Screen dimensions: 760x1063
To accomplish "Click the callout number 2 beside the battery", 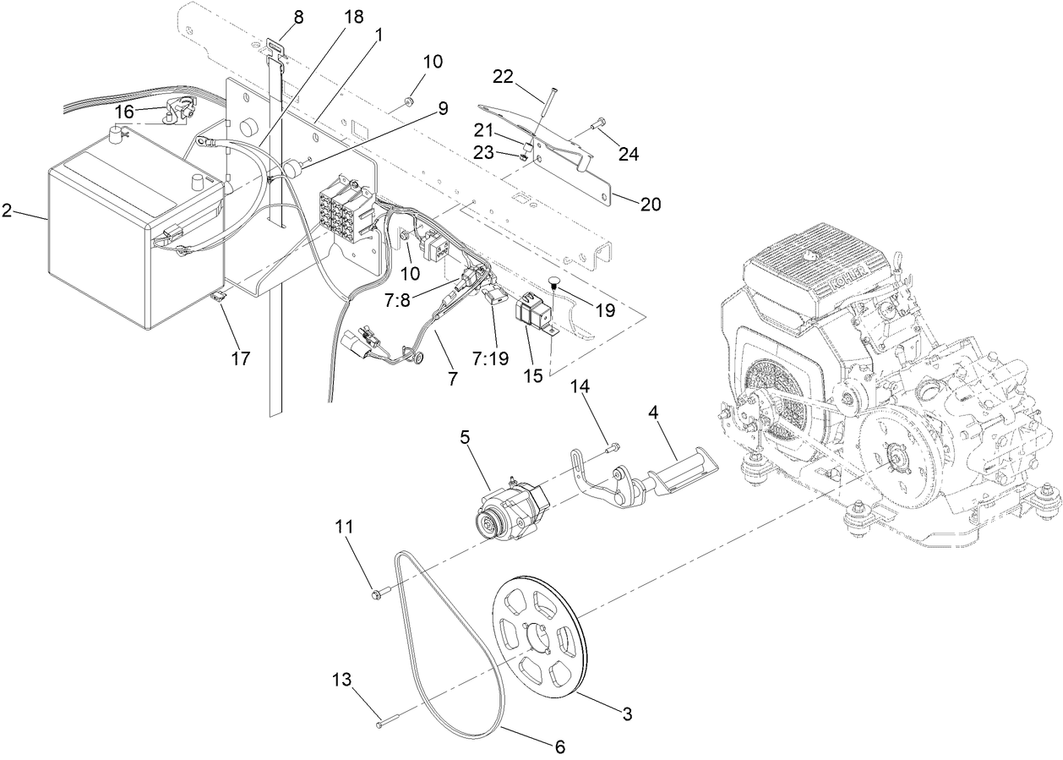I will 7,211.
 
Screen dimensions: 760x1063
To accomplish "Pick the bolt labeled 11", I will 378,593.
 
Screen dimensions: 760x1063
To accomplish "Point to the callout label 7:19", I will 493,358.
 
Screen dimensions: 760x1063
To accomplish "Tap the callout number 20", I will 651,204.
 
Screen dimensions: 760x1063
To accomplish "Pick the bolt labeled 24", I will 600,123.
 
